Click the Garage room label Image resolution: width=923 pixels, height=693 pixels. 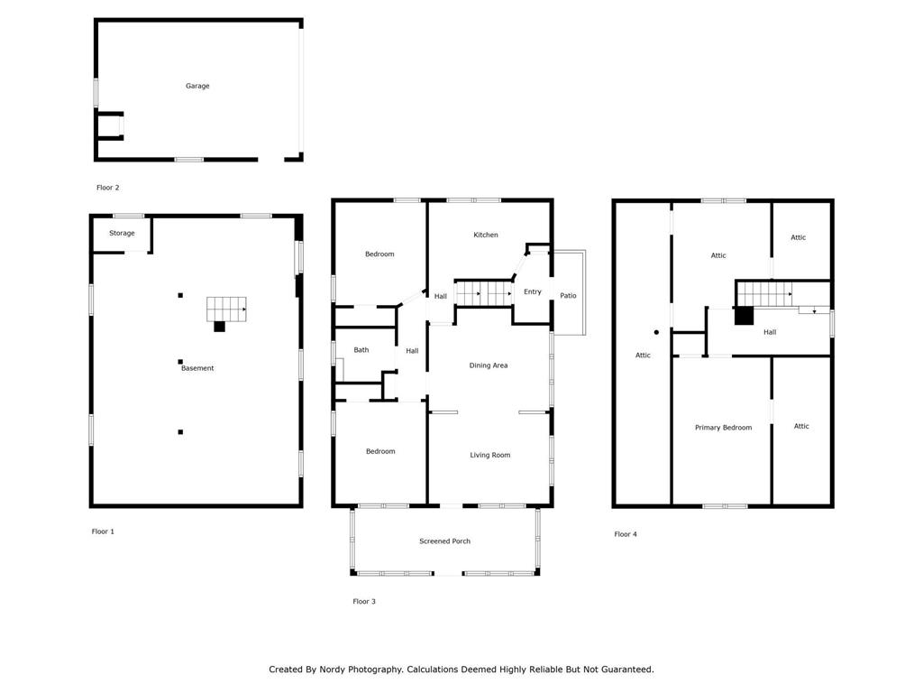coord(197,86)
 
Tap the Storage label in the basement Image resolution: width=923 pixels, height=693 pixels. coord(122,234)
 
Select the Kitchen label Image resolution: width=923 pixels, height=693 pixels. coord(486,235)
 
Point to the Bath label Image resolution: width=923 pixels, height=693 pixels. coord(361,350)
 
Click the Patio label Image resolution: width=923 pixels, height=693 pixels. coord(568,296)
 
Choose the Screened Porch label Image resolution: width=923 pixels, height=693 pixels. coord(444,541)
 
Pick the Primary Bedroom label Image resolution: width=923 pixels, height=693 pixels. coord(723,428)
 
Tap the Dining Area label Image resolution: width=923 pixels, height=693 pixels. coord(488,365)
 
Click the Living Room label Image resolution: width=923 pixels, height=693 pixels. coord(489,455)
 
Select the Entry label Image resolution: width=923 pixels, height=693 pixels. coord(532,291)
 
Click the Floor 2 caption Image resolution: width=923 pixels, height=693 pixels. coord(108,188)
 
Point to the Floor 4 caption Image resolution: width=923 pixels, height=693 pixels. coord(626,534)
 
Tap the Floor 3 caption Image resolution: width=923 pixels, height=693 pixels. coord(364,601)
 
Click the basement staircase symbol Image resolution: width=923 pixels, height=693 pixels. coord(226,310)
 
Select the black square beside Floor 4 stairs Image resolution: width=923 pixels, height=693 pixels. coord(744,315)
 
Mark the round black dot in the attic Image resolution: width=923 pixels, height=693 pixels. coord(656,332)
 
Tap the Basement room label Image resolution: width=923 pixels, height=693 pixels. coord(197,368)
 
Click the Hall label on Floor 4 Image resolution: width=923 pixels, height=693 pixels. coord(770,332)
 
